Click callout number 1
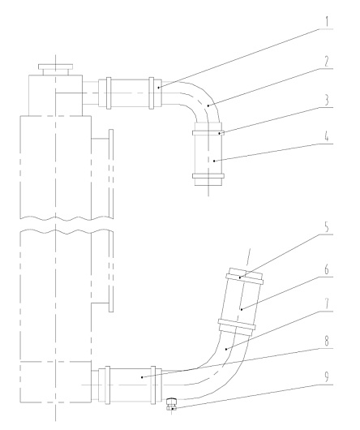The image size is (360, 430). click(326, 21)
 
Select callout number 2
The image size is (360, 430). click(326, 61)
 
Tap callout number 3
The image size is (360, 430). click(327, 101)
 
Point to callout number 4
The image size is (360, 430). click(327, 136)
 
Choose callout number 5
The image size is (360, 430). click(327, 227)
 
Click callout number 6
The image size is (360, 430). click(327, 270)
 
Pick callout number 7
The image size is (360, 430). click(327, 304)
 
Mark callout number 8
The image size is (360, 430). click(327, 342)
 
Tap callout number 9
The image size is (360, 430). click(327, 377)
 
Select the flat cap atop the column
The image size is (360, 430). click(56, 67)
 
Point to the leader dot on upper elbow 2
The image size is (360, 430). click(208, 105)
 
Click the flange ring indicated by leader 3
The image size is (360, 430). click(208, 133)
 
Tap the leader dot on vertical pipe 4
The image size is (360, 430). click(214, 161)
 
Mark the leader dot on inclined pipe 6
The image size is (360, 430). click(242, 310)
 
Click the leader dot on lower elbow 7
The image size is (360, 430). click(225, 349)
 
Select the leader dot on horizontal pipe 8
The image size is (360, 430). click(142, 377)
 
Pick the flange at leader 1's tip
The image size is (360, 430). click(152, 93)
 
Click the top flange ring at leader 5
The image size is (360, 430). click(245, 278)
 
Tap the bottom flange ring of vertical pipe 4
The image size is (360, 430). click(208, 176)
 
